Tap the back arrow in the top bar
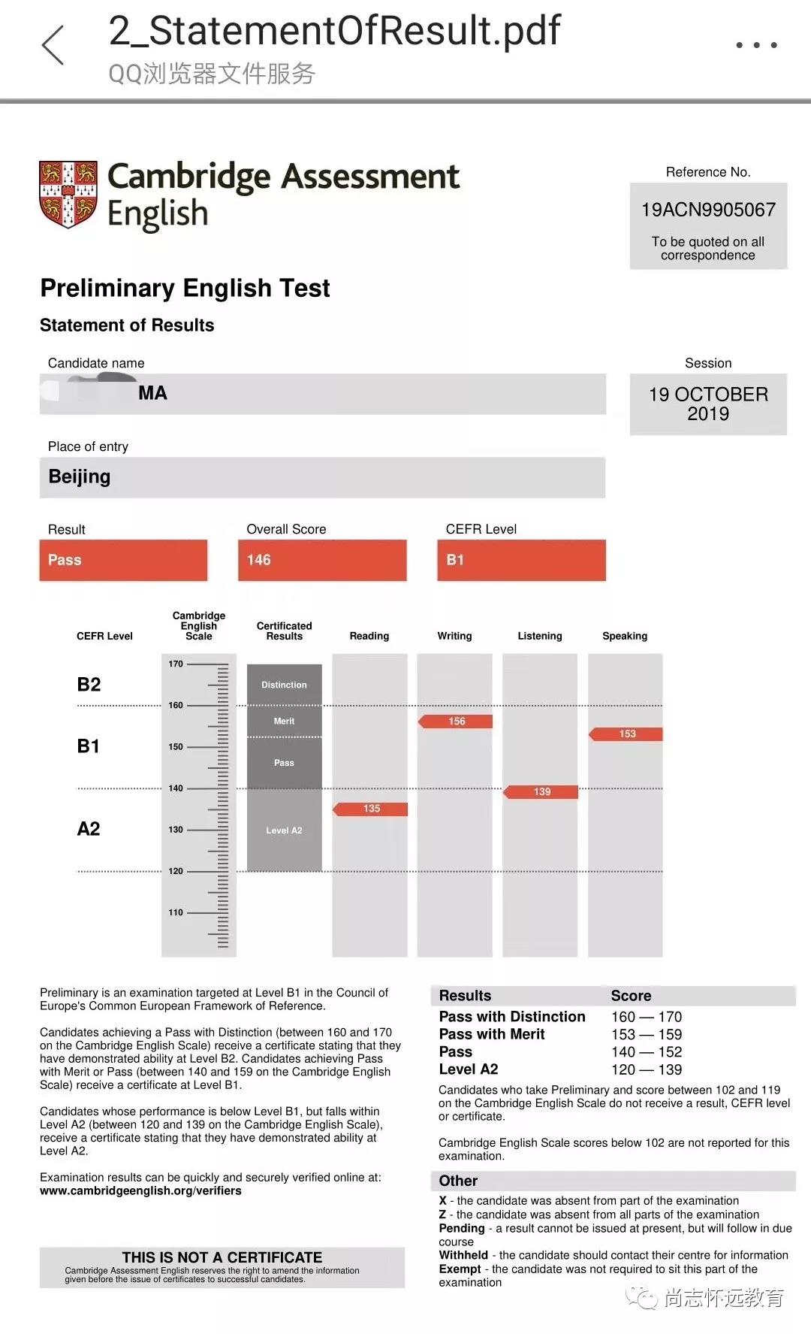pos(53,45)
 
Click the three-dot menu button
pos(755,45)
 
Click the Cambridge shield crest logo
pos(68,193)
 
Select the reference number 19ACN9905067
pos(708,210)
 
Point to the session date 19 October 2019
pos(708,404)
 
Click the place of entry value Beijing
pos(80,476)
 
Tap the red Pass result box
pos(123,560)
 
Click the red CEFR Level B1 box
pos(521,560)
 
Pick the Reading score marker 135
pos(371,809)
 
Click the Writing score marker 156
pos(456,721)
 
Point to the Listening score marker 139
pos(541,791)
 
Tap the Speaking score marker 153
pos(626,734)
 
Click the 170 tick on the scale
pos(176,664)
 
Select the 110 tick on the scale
pos(176,912)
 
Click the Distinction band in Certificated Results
pos(284,685)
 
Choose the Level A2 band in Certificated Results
pos(284,830)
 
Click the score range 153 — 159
pos(646,1034)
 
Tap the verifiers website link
pos(140,1190)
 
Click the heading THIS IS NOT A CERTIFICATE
pos(222,1257)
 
